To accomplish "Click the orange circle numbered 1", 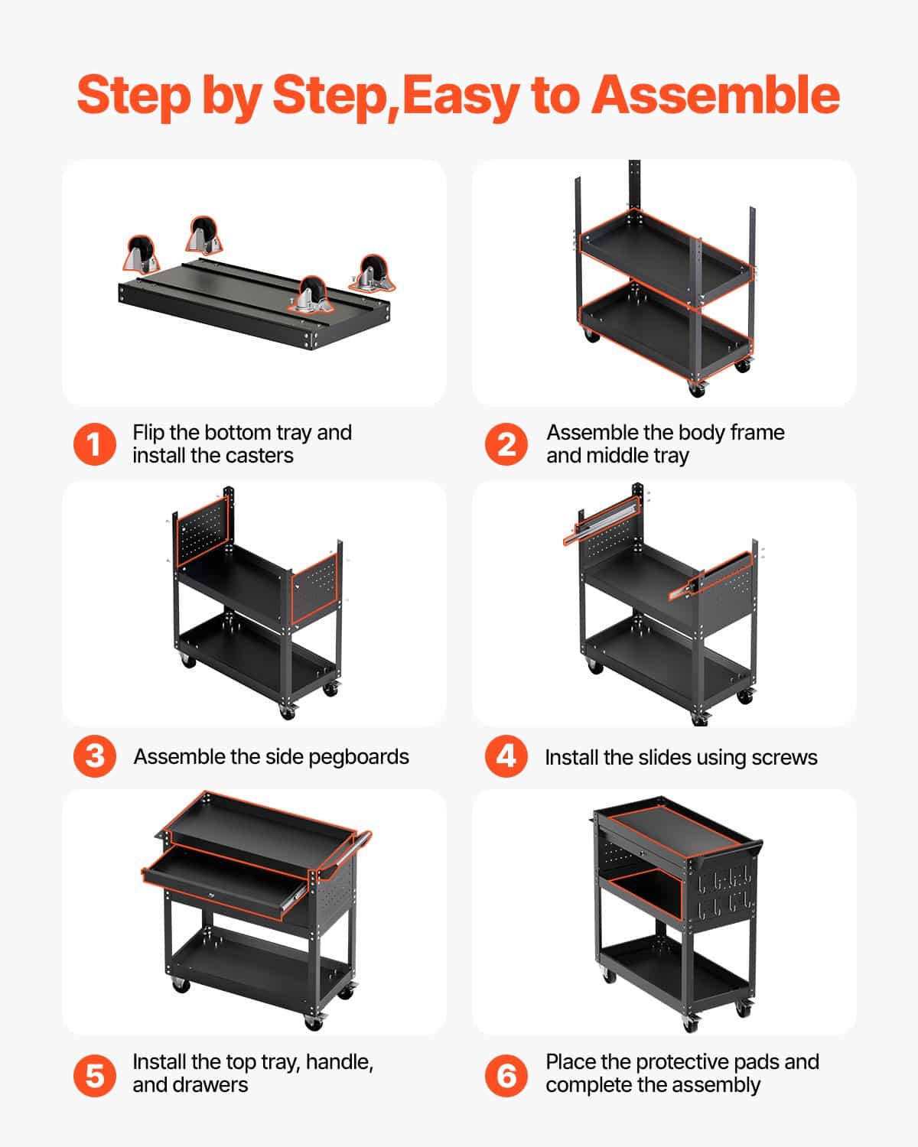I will pyautogui.click(x=95, y=444).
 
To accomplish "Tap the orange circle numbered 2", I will pyautogui.click(x=506, y=444).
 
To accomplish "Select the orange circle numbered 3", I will pyautogui.click(x=95, y=756).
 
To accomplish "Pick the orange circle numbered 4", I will pyautogui.click(x=506, y=756).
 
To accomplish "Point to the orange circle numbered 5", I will pyautogui.click(x=95, y=1074).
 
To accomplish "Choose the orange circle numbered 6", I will pyautogui.click(x=506, y=1074).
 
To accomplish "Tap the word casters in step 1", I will pyautogui.click(x=256, y=456).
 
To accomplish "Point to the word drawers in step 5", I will pyautogui.click(x=210, y=1085).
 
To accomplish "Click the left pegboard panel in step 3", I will pyautogui.click(x=201, y=531).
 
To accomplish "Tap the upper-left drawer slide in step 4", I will pyautogui.click(x=601, y=518).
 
